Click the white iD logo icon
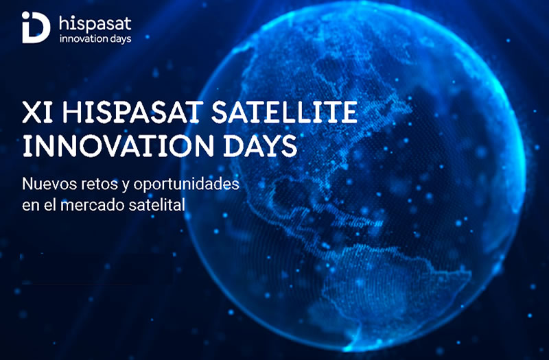(36, 27)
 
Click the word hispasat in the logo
(95, 24)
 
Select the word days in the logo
(120, 38)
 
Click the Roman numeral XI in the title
(38, 112)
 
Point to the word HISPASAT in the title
(133, 112)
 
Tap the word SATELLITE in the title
(285, 112)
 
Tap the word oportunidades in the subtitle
(186, 184)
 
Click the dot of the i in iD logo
(26, 15)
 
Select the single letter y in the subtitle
(126, 186)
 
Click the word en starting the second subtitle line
(31, 205)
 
